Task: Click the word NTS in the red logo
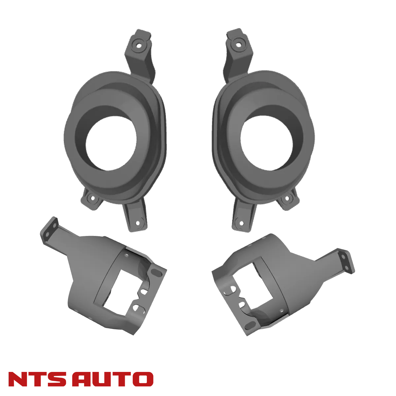[37, 379]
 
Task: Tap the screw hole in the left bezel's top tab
[139, 46]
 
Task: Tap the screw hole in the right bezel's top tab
[238, 45]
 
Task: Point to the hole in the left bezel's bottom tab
[138, 223]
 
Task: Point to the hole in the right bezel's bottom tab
[242, 223]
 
